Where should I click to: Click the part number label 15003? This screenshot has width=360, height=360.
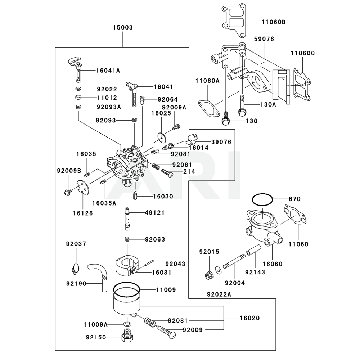123,27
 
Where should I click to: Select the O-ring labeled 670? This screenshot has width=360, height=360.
262,199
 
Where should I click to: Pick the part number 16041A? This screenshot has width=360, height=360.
108,71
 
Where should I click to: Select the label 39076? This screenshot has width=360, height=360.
221,143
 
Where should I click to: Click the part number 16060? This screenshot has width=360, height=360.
272,264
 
